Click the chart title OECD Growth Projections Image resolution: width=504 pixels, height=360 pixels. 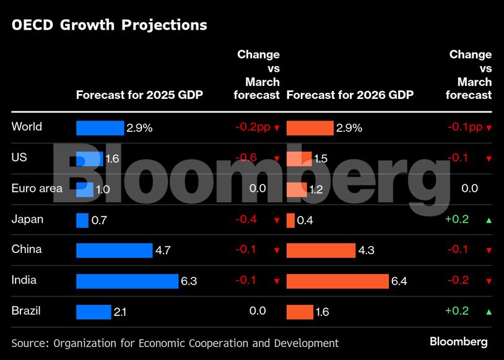coord(109,25)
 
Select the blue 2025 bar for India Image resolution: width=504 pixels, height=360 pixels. coord(127,281)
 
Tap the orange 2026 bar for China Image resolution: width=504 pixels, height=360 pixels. coord(321,251)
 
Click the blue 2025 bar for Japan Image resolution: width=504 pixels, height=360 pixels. coord(82,220)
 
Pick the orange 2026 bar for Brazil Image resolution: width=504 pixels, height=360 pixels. coord(300,312)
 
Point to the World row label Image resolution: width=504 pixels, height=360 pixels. coord(27,127)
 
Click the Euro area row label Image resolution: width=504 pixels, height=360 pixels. coord(37,188)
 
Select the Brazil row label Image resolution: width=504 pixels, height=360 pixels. coord(26,311)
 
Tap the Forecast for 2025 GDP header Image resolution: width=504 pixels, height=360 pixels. coord(139,95)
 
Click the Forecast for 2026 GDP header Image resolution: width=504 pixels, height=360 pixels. coord(350,95)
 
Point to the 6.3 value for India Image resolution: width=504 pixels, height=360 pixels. coord(189,281)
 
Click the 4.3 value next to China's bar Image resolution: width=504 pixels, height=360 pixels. coord(366,251)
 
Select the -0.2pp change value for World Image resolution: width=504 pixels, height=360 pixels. coord(253,127)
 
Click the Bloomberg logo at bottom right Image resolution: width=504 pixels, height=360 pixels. coord(459,341)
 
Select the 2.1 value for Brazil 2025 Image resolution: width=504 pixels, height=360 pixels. coord(120,312)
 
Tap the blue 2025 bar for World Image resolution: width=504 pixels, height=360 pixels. coord(100,128)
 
